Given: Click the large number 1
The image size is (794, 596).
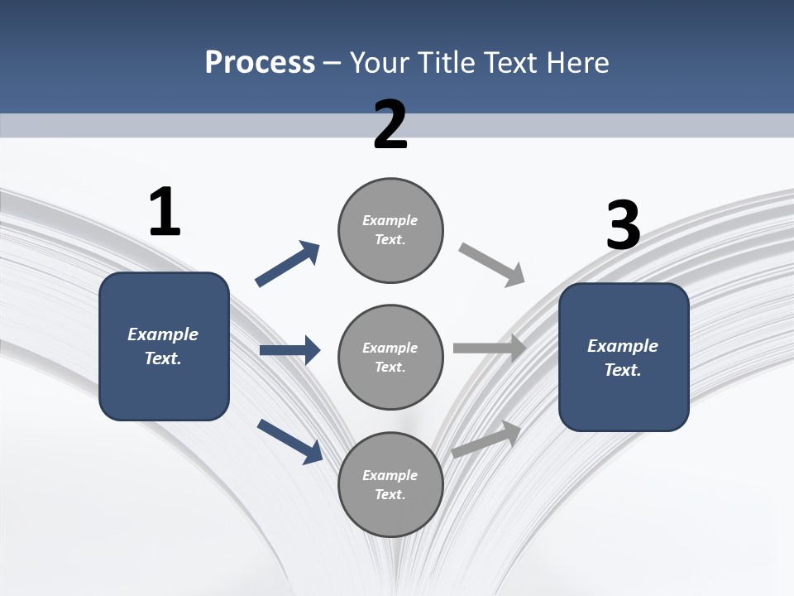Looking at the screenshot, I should point(165,213).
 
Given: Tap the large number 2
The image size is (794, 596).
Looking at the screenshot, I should point(390,125).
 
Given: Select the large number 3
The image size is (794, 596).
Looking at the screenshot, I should point(623,225).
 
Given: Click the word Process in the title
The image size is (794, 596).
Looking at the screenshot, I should point(260,62).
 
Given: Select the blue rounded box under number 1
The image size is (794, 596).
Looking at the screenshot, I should point(164,346).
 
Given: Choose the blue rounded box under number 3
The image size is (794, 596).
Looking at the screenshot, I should point(624,357).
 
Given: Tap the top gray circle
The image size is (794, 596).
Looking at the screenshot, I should point(390,230).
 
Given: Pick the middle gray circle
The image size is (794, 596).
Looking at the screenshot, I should point(390,357).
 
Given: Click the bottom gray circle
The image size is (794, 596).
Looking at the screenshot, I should point(390,484).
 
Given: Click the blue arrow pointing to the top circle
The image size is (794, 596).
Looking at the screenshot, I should point(287,265).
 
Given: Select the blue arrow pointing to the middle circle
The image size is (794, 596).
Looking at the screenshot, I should point(289,350).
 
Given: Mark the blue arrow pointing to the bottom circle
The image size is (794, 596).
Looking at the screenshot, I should point(289,440).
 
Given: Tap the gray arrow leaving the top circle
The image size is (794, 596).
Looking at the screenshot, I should point(491,265).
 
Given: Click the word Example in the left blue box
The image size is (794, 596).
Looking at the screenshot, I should point(163,334).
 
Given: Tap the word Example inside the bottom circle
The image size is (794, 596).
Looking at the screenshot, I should point(390,475).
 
